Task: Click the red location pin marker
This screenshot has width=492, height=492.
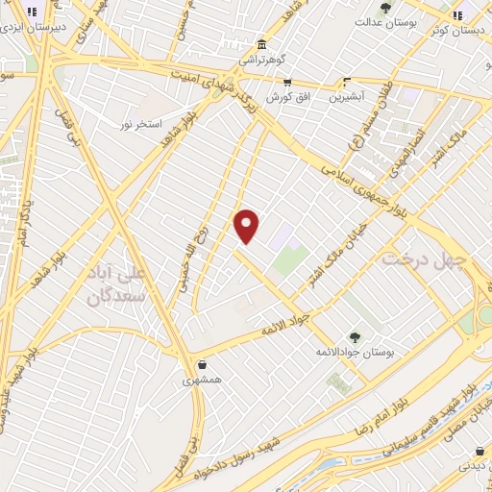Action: pos(247,226)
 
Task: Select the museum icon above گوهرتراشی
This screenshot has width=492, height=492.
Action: pos(261,44)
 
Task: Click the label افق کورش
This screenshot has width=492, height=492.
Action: pos(279,98)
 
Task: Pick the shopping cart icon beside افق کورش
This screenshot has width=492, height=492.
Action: pos(287,84)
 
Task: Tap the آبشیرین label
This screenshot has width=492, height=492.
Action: pos(348,97)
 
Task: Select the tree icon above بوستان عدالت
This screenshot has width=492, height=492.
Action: pos(385,8)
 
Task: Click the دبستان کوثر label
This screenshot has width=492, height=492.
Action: pos(458,28)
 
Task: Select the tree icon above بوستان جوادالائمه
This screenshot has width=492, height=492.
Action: pos(356,336)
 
